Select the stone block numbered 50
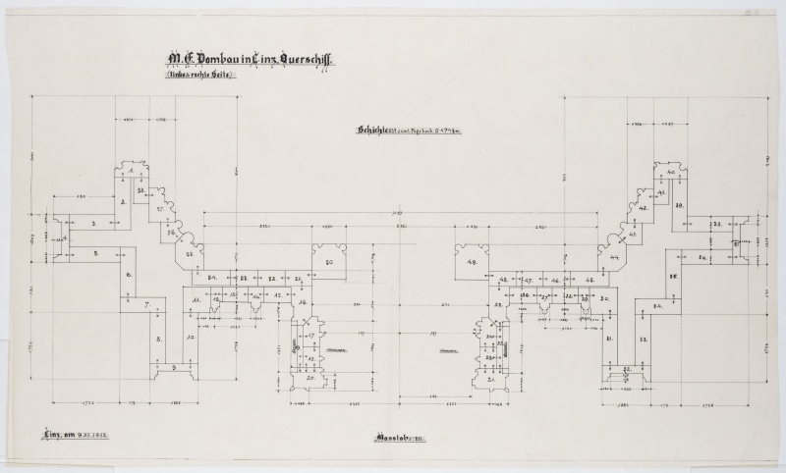point(330,262)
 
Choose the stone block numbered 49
point(472,262)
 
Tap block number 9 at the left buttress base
point(173,367)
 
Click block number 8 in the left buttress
point(157,337)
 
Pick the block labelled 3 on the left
point(93,225)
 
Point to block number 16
point(304,301)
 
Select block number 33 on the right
point(644,338)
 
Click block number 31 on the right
point(610,338)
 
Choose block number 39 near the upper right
point(678,205)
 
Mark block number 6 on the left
point(129,276)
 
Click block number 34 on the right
point(656,306)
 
